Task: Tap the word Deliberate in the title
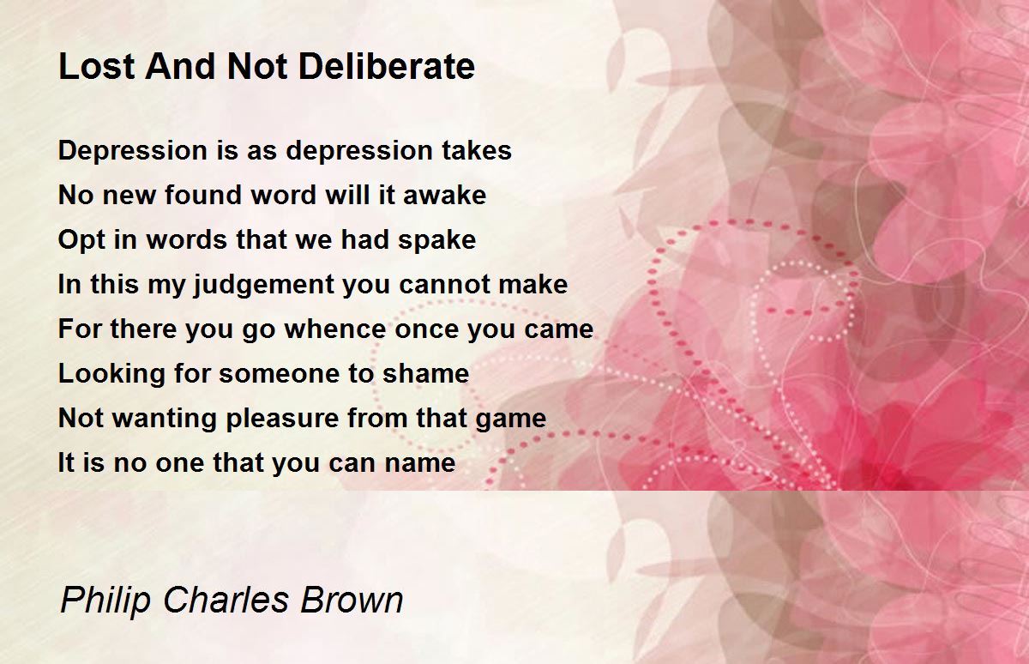[x=387, y=66]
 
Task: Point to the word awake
[x=444, y=195]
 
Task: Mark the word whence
[x=336, y=329]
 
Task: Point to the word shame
[x=426, y=373]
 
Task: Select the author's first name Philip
[x=105, y=601]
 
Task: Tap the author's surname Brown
[x=352, y=599]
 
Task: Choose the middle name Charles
[x=226, y=599]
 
